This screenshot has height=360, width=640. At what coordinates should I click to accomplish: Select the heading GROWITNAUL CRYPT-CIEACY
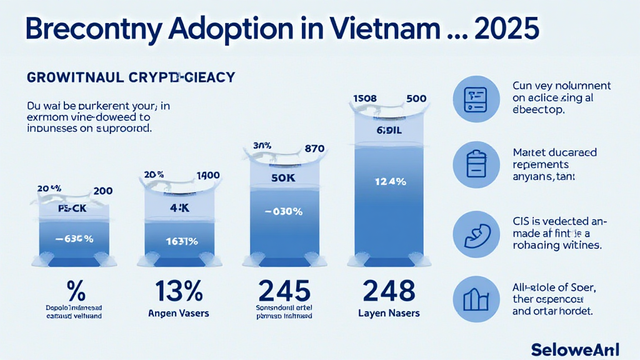click(131, 77)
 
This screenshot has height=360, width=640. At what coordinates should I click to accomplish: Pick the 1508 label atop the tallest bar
click(366, 98)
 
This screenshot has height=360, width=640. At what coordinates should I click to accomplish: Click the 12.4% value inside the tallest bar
click(391, 182)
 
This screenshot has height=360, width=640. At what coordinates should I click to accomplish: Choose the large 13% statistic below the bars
click(179, 291)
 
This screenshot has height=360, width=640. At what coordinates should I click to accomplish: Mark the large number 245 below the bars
click(284, 291)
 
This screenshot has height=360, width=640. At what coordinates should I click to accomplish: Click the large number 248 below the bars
click(389, 291)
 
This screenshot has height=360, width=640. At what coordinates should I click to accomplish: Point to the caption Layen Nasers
click(388, 312)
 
